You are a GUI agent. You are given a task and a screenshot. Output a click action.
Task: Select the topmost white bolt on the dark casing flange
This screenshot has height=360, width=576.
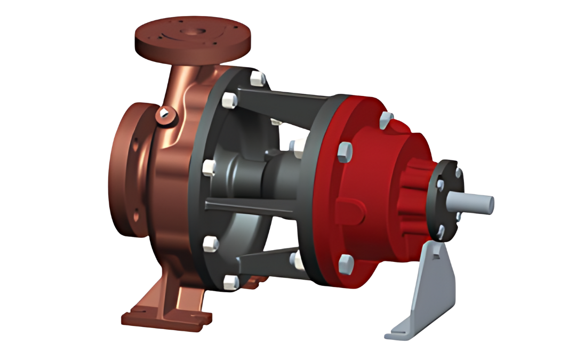[x=257, y=78]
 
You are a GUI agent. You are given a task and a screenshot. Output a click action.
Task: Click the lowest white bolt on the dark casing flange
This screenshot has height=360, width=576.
[x=231, y=281]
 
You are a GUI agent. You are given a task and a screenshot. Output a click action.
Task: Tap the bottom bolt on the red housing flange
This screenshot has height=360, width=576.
[x=346, y=262]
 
